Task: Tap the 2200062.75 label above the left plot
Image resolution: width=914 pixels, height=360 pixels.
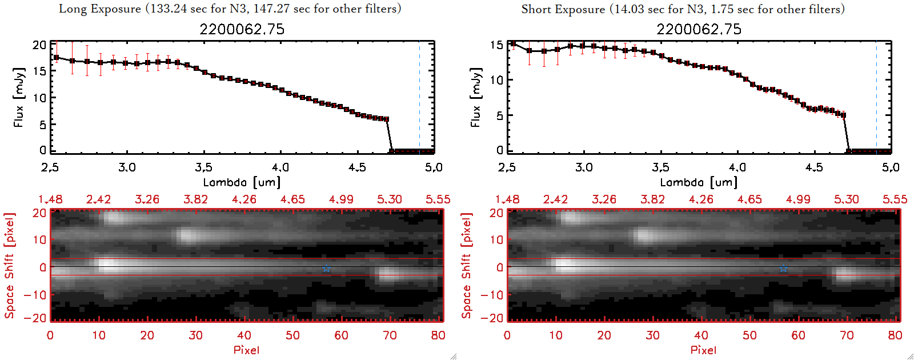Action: (x=242, y=29)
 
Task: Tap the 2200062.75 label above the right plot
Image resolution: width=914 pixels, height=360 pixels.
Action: (x=699, y=29)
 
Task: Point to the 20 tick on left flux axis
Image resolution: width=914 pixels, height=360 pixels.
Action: (x=39, y=45)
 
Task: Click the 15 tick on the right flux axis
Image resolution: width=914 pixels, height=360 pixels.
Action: (x=496, y=45)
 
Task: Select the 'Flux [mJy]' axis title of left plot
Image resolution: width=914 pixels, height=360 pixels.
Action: (x=19, y=97)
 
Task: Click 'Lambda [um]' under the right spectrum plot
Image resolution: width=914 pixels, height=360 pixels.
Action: (x=699, y=182)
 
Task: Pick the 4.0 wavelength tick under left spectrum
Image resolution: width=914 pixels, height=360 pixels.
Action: (x=280, y=167)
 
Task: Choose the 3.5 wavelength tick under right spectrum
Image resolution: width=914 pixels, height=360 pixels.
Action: (x=660, y=167)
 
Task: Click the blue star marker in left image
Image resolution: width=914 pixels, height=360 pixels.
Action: (x=326, y=269)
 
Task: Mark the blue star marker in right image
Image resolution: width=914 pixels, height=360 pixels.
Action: (x=783, y=269)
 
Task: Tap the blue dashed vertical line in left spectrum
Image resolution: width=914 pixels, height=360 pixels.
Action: (x=419, y=97)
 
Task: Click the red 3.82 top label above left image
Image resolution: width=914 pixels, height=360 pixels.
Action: (x=195, y=199)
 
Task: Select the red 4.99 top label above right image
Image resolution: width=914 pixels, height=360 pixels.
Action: (x=798, y=199)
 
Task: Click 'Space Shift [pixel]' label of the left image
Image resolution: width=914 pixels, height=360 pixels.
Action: (x=10, y=266)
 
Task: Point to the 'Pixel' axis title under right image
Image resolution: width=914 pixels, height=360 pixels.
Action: (x=703, y=350)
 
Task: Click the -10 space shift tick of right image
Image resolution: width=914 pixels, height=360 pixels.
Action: (x=492, y=295)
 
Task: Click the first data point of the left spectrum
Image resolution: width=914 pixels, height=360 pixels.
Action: (x=56, y=58)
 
